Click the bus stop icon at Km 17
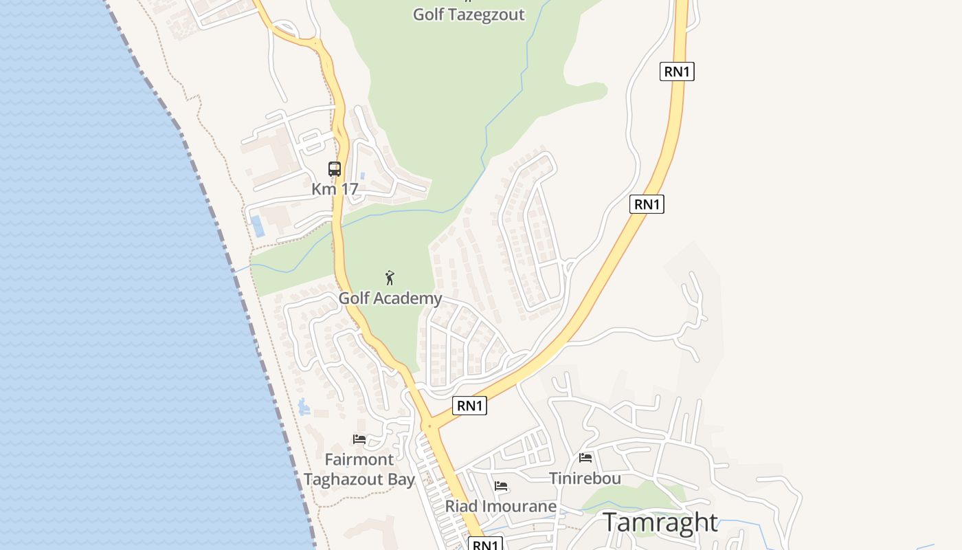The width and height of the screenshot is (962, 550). point(335,169)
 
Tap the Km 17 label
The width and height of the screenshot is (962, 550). point(335,189)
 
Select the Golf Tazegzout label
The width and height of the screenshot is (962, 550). point(469,14)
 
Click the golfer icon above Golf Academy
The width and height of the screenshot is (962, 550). point(390,278)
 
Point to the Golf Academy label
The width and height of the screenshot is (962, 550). point(390,298)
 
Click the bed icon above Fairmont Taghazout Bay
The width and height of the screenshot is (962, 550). point(359,439)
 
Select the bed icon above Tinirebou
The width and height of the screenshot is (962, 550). point(585,458)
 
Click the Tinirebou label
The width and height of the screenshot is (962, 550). point(585,478)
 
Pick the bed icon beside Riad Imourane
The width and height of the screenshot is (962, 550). point(502,486)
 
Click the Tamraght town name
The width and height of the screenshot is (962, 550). point(660,522)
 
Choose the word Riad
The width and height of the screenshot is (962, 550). point(461,507)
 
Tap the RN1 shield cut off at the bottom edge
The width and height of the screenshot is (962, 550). point(485,544)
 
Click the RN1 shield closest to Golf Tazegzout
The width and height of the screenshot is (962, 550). point(677,71)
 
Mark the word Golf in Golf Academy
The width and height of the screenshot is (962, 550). point(354,298)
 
